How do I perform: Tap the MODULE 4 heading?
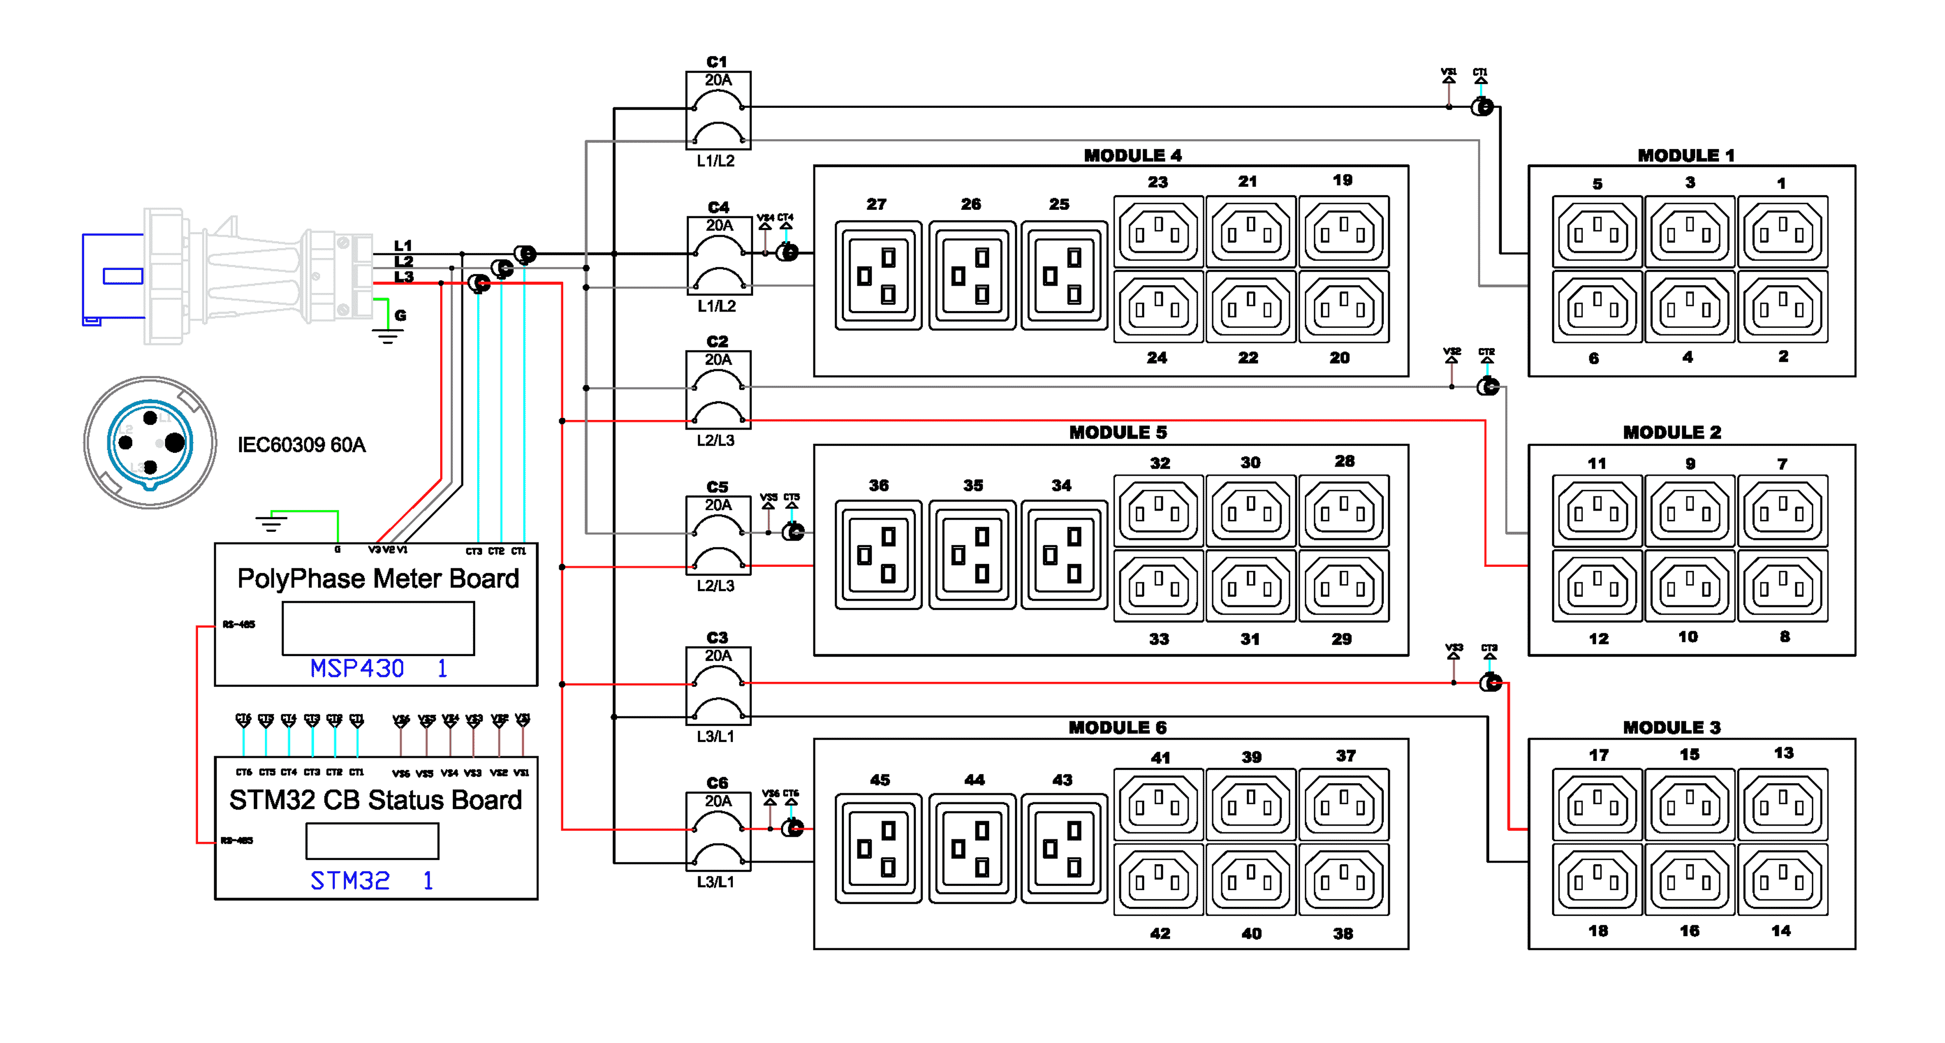click(x=1133, y=156)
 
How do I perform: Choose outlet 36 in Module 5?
click(x=878, y=555)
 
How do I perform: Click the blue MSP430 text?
click(x=357, y=668)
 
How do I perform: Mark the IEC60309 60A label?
click(x=301, y=445)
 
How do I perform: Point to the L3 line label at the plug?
click(x=404, y=277)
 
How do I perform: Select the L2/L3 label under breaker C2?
click(x=716, y=440)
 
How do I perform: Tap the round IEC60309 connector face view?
click(x=150, y=443)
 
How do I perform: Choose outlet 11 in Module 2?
click(x=1597, y=511)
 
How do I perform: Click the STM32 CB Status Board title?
click(x=375, y=800)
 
